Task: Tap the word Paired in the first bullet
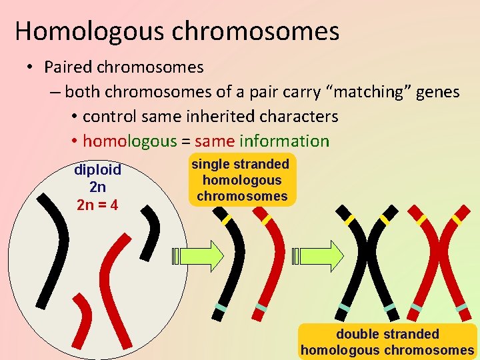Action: pyautogui.click(x=68, y=67)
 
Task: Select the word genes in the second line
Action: pyautogui.click(x=437, y=92)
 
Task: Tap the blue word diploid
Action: pyautogui.click(x=97, y=171)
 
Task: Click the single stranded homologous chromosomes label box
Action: pyautogui.click(x=241, y=180)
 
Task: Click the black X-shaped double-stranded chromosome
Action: pyautogui.click(x=366, y=260)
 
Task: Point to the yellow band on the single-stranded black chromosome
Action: pyautogui.click(x=227, y=219)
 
